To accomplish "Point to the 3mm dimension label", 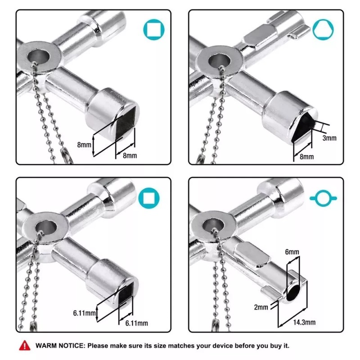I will pos(329,138).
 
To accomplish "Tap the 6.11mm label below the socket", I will pos(137,324).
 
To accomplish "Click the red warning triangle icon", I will pos(23,346).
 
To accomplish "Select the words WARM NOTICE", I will pos(59,346).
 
